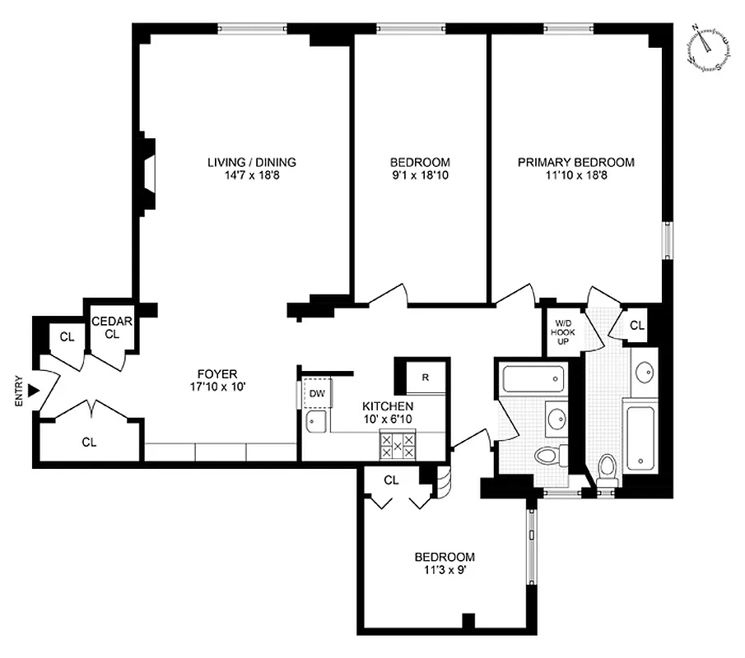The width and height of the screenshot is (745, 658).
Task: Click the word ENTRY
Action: coord(19,392)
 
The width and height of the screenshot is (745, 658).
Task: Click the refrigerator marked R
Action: coord(425,378)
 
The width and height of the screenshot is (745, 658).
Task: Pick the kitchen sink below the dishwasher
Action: coord(315,422)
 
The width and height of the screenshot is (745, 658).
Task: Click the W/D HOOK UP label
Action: coord(564,331)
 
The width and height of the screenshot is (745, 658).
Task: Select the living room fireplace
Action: coord(148,173)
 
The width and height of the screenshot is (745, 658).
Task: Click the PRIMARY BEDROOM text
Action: coord(575,162)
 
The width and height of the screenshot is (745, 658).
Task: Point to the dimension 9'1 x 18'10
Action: coord(420,175)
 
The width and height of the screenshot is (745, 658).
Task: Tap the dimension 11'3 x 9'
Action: coord(445,569)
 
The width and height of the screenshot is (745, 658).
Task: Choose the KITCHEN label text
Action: coord(388,406)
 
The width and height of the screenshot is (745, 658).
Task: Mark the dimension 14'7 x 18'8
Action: coord(251,175)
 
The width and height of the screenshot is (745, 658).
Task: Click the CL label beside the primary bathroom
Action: coord(636,326)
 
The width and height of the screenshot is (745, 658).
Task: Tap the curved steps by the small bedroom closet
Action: coord(443,484)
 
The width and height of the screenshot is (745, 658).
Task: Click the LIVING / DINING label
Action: coord(251,162)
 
